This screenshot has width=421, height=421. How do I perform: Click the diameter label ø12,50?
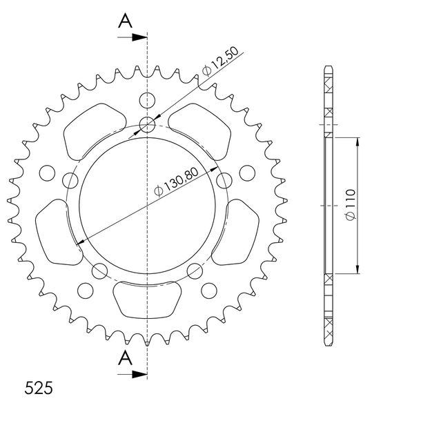[220, 61]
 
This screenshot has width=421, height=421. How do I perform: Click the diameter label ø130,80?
[176, 182]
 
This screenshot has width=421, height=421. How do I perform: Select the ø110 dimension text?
[351, 204]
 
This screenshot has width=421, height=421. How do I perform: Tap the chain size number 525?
[39, 388]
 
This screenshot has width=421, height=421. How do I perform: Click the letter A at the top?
[125, 21]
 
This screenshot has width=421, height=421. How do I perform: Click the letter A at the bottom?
[125, 358]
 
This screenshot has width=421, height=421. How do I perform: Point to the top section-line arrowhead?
[139, 37]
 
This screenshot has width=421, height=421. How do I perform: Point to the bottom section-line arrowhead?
[139, 374]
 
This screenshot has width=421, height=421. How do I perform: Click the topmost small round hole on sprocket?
[147, 100]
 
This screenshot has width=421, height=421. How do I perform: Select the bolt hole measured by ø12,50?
[147, 125]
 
